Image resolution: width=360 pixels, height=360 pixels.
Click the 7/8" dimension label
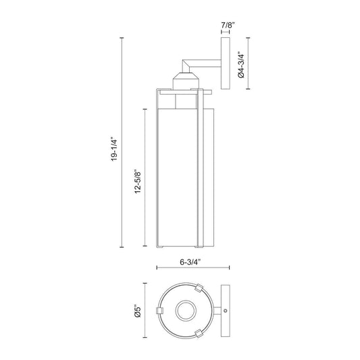pyautogui.click(x=228, y=25)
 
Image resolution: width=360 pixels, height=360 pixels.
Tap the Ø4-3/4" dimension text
pyautogui.click(x=241, y=65)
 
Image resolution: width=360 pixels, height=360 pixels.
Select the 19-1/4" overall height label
pyautogui.click(x=114, y=149)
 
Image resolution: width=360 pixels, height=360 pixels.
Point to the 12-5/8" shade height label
pyautogui.click(x=138, y=182)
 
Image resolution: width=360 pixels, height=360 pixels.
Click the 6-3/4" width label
pyautogui.click(x=190, y=262)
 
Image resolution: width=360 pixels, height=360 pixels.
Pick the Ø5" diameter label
pyautogui.click(x=138, y=311)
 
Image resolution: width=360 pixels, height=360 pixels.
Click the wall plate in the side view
pyautogui.click(x=226, y=63)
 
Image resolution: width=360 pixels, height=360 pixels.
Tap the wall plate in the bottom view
pyautogui.click(x=226, y=311)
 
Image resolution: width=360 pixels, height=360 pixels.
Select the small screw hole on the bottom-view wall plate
pyautogui.click(x=225, y=311)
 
